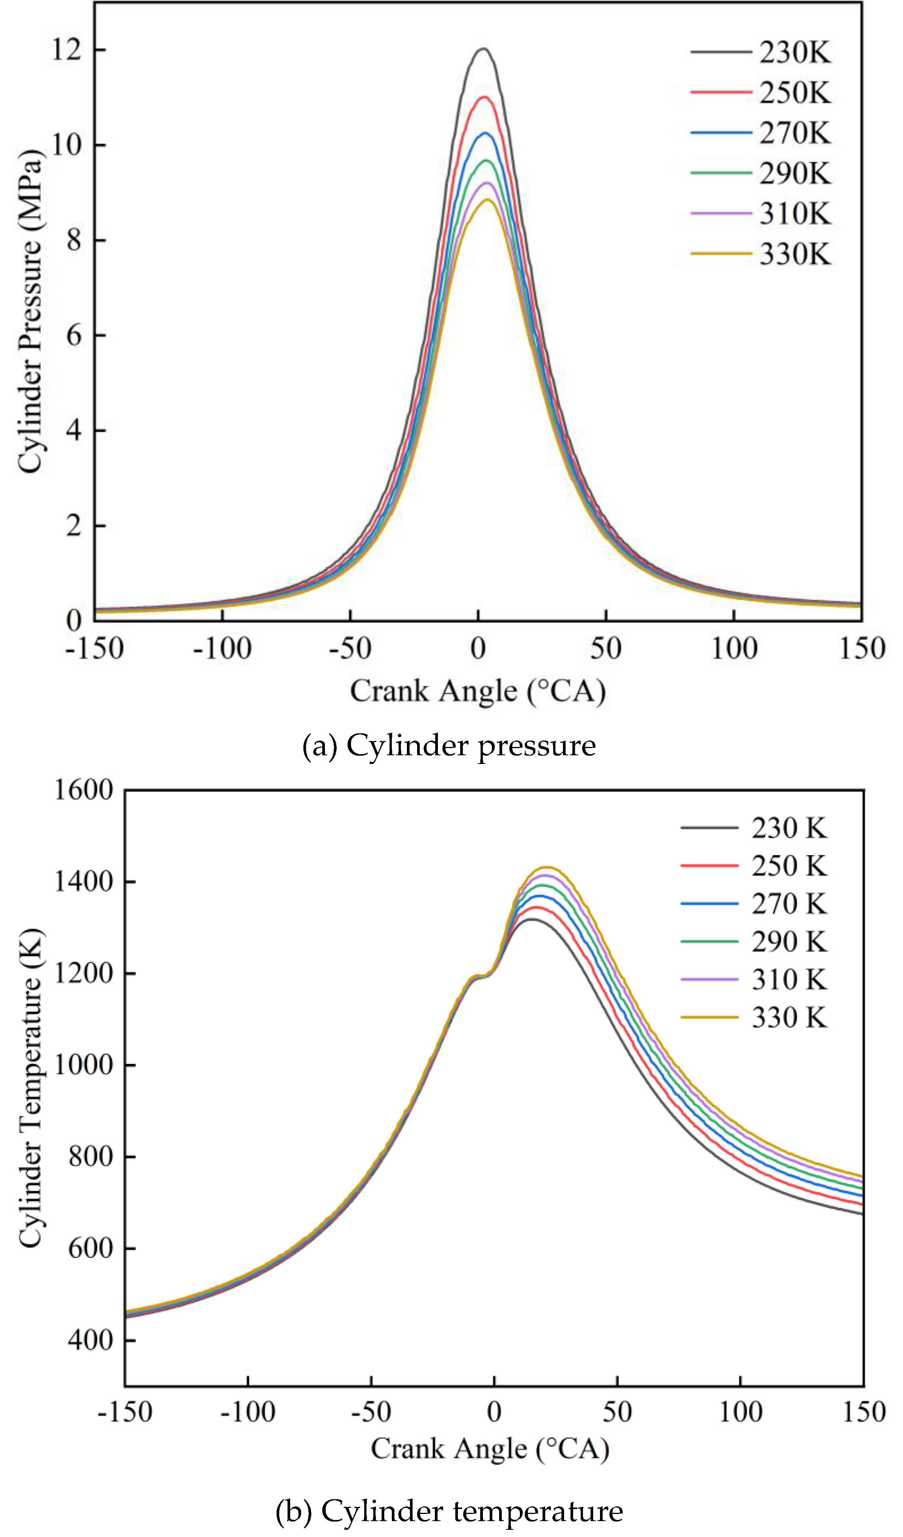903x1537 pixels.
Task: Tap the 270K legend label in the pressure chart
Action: [795, 133]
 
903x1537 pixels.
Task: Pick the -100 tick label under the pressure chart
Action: [222, 648]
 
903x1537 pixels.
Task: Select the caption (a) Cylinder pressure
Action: [449, 745]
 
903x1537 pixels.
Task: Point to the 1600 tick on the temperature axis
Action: [83, 790]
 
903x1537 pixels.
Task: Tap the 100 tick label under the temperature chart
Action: [740, 1412]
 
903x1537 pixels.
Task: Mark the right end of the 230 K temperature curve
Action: [862, 1214]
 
